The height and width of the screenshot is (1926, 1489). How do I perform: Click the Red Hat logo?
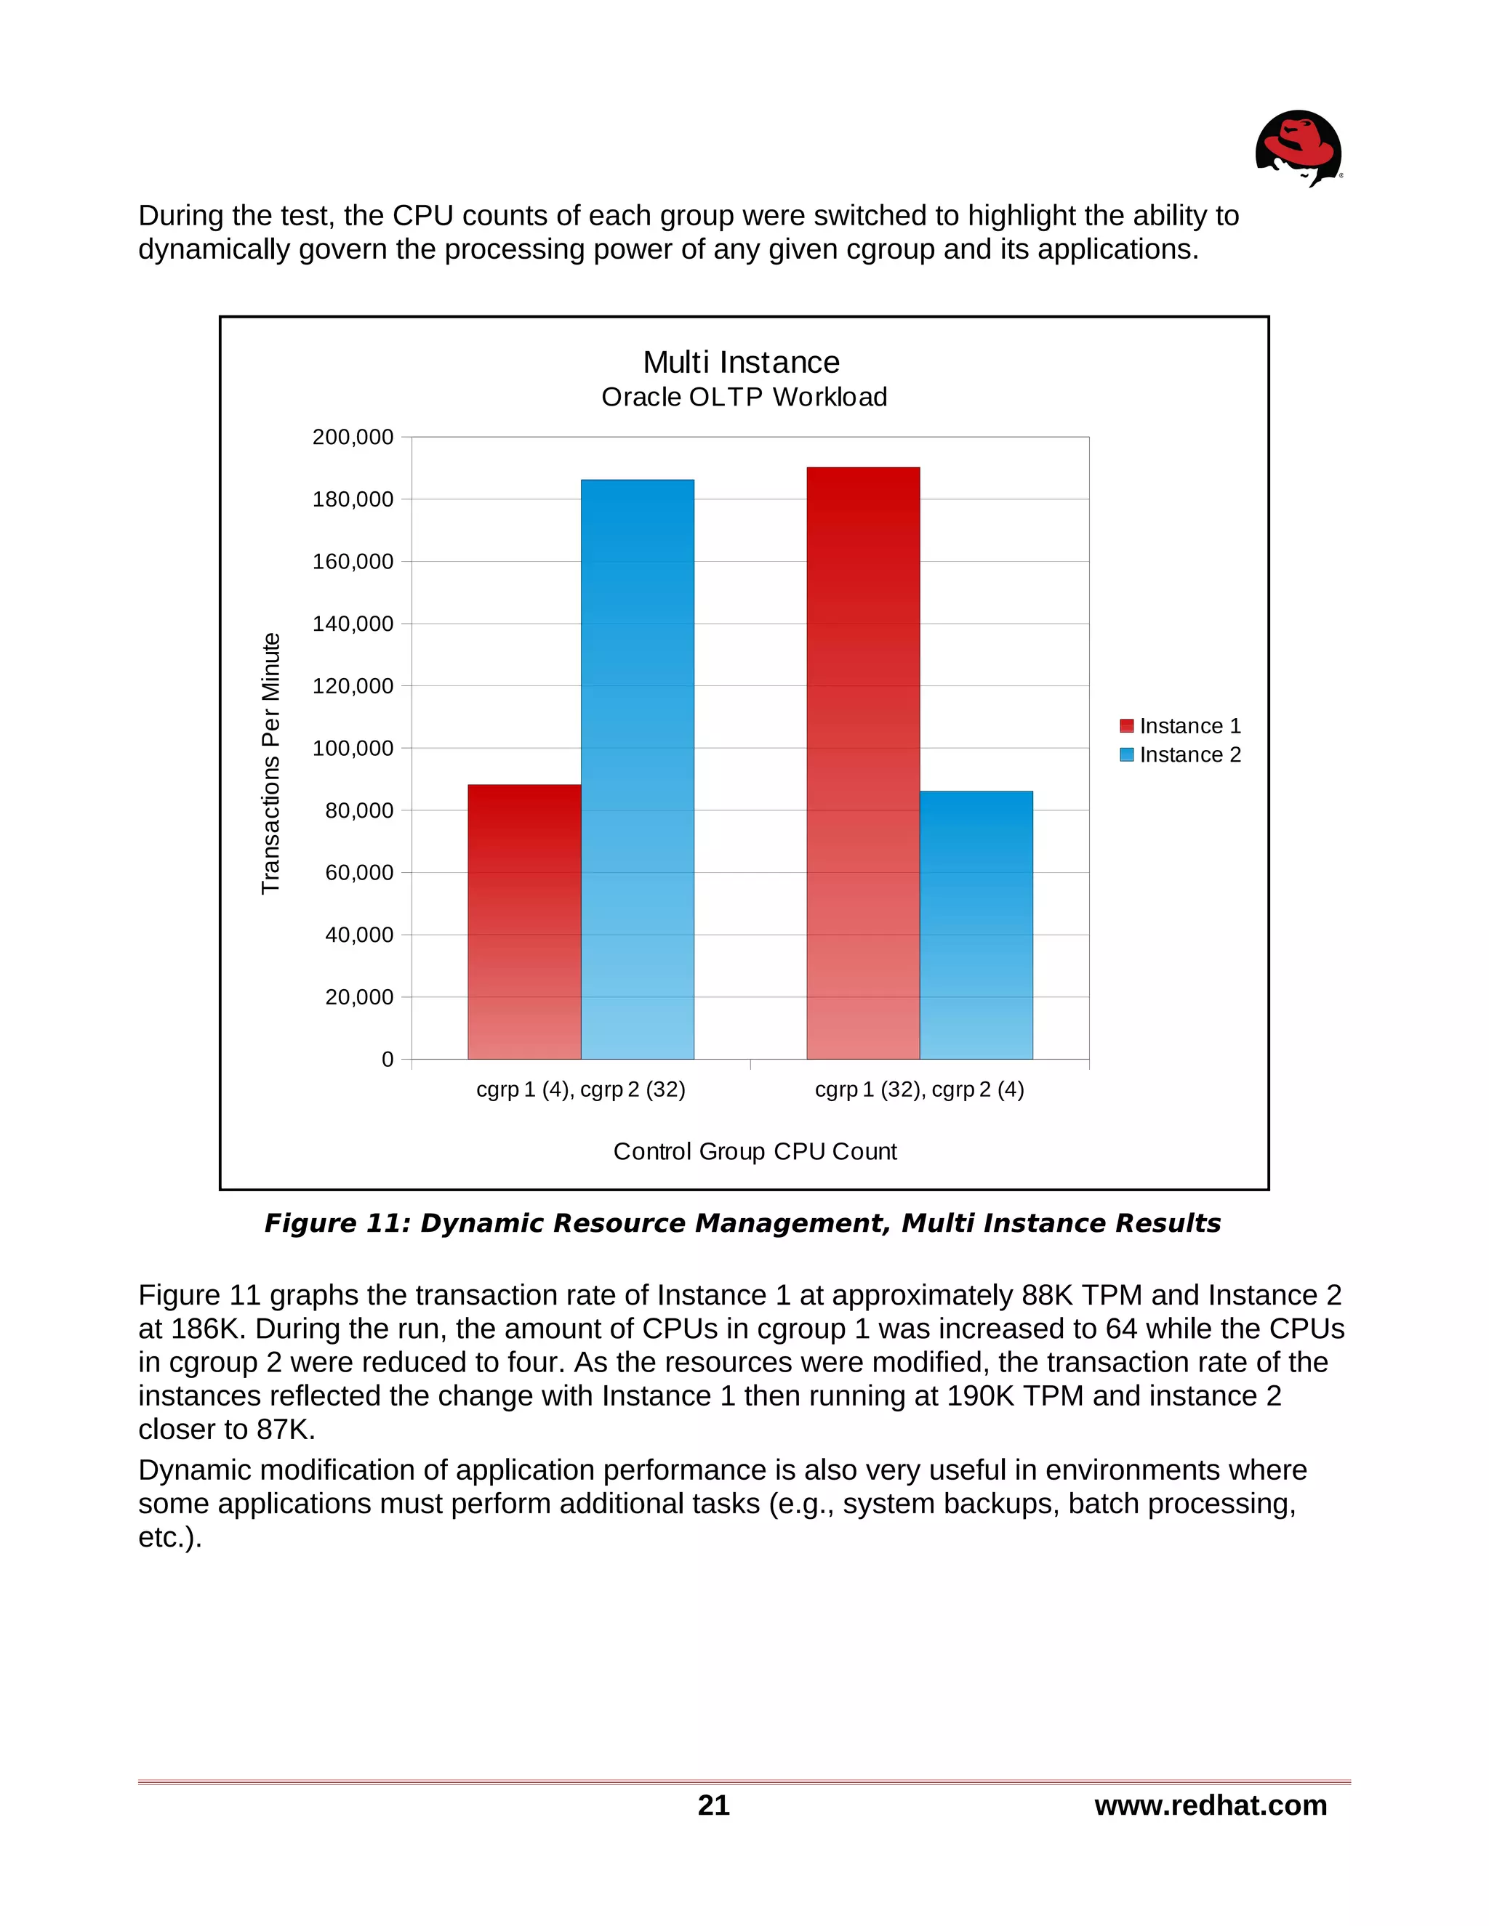(x=1299, y=148)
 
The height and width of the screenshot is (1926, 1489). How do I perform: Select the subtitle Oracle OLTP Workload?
(x=744, y=398)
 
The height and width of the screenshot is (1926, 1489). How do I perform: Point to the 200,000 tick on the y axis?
(x=353, y=438)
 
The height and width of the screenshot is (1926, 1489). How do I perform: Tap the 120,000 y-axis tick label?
(x=353, y=686)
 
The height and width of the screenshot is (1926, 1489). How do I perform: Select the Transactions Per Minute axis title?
(x=270, y=763)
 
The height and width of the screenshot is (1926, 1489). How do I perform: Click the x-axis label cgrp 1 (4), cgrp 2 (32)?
(x=580, y=1090)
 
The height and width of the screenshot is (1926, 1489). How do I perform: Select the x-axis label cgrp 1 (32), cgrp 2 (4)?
(x=919, y=1090)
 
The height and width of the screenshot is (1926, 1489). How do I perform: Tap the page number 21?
(x=714, y=1805)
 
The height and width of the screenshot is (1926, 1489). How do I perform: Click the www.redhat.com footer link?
(x=1211, y=1805)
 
